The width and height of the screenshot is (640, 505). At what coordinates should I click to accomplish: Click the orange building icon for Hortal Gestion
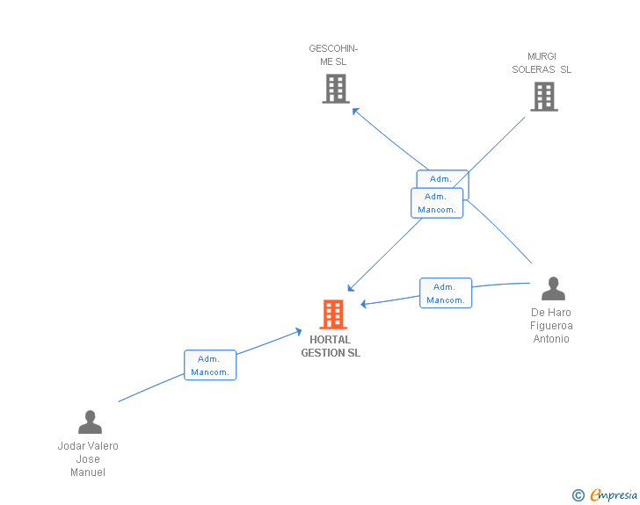(x=333, y=314)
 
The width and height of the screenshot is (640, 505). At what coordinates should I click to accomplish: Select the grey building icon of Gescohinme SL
(x=336, y=88)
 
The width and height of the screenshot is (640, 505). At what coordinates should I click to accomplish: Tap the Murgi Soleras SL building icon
(x=544, y=96)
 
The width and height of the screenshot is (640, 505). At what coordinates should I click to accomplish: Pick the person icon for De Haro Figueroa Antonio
(x=553, y=288)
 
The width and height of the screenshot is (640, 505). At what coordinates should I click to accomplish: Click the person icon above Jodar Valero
(x=90, y=422)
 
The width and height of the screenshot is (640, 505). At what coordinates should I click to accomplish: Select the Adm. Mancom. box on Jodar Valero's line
(x=210, y=365)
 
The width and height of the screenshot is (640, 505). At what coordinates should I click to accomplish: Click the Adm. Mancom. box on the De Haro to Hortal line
(x=446, y=293)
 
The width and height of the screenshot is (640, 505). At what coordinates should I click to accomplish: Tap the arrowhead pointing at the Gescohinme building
(x=355, y=110)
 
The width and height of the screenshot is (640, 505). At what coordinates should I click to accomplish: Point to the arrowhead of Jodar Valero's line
(x=299, y=331)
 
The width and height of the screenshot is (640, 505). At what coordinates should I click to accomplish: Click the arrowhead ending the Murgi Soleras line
(x=350, y=288)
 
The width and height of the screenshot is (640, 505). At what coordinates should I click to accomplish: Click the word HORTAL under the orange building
(x=331, y=340)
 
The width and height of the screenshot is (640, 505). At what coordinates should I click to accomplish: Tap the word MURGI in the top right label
(x=542, y=56)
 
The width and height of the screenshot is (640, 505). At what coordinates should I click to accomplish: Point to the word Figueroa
(x=551, y=326)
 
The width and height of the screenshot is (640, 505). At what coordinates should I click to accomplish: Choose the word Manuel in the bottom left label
(x=88, y=473)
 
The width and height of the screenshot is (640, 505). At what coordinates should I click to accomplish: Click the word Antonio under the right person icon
(x=551, y=339)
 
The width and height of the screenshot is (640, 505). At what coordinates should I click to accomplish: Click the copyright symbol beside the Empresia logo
(x=578, y=495)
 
